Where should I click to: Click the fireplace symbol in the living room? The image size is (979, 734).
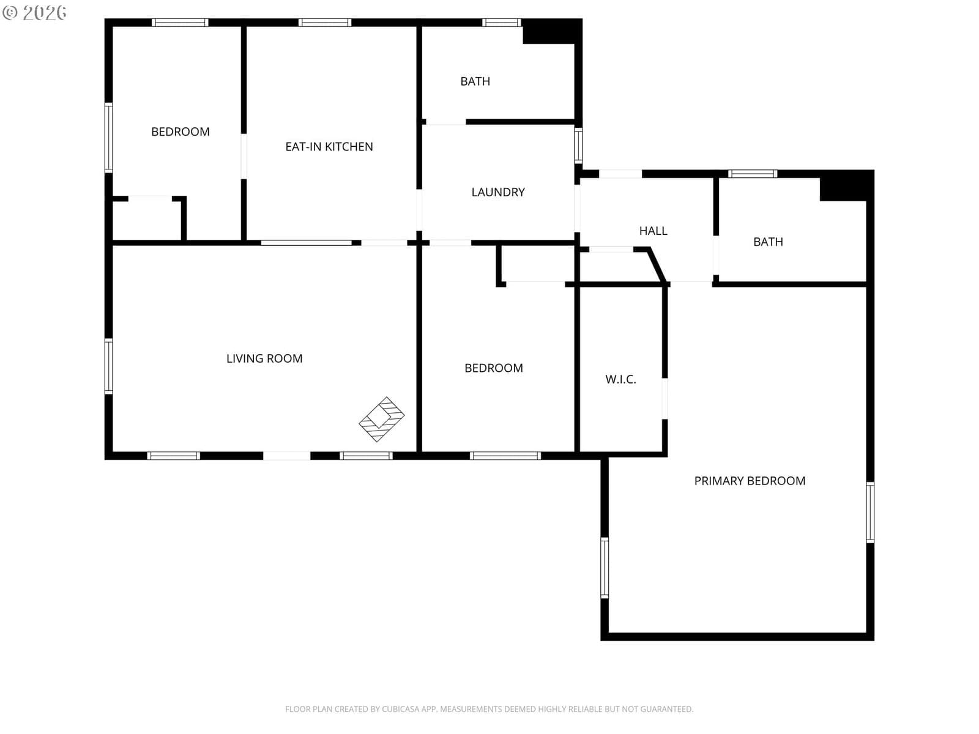(x=381, y=419)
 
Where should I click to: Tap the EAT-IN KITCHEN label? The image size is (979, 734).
(x=329, y=147)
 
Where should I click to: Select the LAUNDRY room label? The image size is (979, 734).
(x=497, y=192)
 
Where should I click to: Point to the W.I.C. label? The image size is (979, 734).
(x=620, y=379)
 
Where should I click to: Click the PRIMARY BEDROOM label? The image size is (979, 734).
(x=750, y=481)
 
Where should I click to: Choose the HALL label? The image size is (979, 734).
(x=653, y=231)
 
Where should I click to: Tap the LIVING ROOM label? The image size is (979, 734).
(x=264, y=358)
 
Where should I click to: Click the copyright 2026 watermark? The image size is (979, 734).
(x=34, y=13)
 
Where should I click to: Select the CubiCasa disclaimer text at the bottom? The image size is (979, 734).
(x=489, y=708)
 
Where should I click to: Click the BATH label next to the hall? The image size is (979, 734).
(x=767, y=242)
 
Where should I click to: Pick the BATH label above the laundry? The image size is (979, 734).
(x=475, y=81)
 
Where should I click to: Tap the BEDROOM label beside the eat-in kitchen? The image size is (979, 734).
(x=180, y=132)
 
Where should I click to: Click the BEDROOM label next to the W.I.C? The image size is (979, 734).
(x=493, y=368)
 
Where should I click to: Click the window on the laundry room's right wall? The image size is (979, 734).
(x=578, y=146)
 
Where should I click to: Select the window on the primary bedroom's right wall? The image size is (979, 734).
(x=869, y=512)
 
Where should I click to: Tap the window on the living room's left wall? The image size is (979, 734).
(x=108, y=366)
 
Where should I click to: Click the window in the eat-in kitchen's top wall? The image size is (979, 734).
(x=325, y=23)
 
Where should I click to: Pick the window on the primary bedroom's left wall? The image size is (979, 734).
(x=605, y=568)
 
